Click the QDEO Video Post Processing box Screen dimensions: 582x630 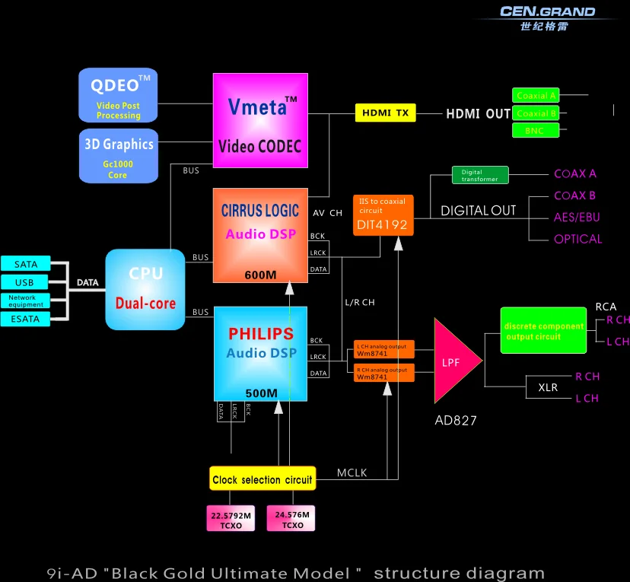point(118,95)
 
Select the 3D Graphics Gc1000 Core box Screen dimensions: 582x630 point(117,155)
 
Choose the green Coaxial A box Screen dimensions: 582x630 point(536,96)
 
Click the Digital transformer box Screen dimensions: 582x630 point(479,175)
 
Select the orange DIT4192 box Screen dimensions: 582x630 point(383,215)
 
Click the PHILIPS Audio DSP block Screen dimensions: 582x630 point(260,353)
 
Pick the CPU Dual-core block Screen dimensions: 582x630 point(145,289)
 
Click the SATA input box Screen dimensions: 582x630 point(25,264)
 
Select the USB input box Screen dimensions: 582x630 point(25,282)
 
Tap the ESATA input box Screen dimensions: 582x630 point(25,319)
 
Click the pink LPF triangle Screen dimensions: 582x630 point(454,361)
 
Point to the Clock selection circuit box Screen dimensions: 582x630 point(262,479)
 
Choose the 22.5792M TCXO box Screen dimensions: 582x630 point(231,519)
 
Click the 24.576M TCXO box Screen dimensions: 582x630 point(290,519)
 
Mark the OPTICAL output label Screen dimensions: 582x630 point(577,239)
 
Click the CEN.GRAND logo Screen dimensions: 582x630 point(548,17)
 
